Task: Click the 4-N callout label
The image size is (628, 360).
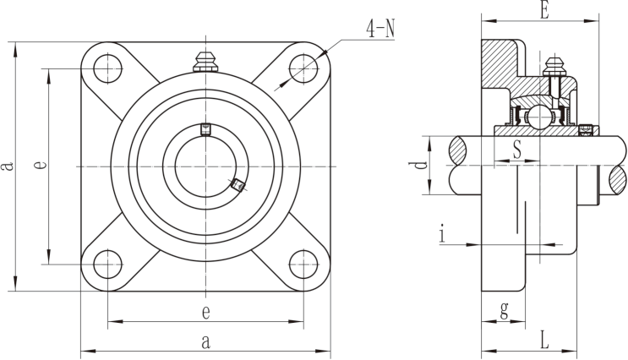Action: pos(380,29)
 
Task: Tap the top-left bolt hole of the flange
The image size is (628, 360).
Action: pos(107,68)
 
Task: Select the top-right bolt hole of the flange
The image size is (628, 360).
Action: pos(303,68)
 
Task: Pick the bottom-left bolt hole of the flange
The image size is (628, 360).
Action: pos(107,265)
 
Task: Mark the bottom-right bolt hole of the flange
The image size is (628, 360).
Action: pos(303,265)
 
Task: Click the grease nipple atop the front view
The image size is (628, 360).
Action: pos(205,62)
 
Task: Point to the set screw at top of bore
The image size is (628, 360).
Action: pos(205,129)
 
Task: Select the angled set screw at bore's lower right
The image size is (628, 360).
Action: pos(238,185)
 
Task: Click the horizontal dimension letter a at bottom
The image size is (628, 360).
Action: pos(205,342)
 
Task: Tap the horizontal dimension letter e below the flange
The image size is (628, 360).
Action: pos(205,313)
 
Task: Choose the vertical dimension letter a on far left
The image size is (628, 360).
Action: pos(7,166)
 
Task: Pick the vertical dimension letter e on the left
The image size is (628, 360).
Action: pos(40,164)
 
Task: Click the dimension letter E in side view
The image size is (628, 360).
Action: pos(543,10)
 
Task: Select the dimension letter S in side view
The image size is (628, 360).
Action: pos(517,150)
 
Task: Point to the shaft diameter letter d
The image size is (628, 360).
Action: pos(420,165)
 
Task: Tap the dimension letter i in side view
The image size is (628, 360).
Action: pos(442,234)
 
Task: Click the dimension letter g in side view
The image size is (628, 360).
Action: pos(505,310)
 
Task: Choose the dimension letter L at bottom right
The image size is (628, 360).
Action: pos(544,340)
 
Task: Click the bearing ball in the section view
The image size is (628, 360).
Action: pos(539,117)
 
